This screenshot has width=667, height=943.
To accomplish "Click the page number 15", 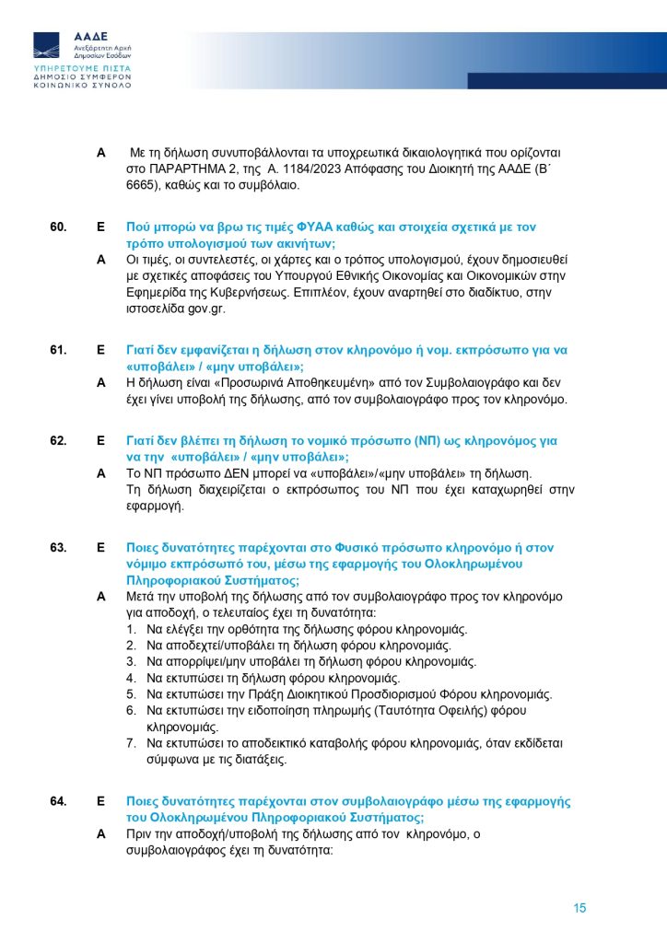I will point(579,908).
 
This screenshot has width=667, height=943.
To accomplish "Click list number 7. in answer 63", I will point(133,744).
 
